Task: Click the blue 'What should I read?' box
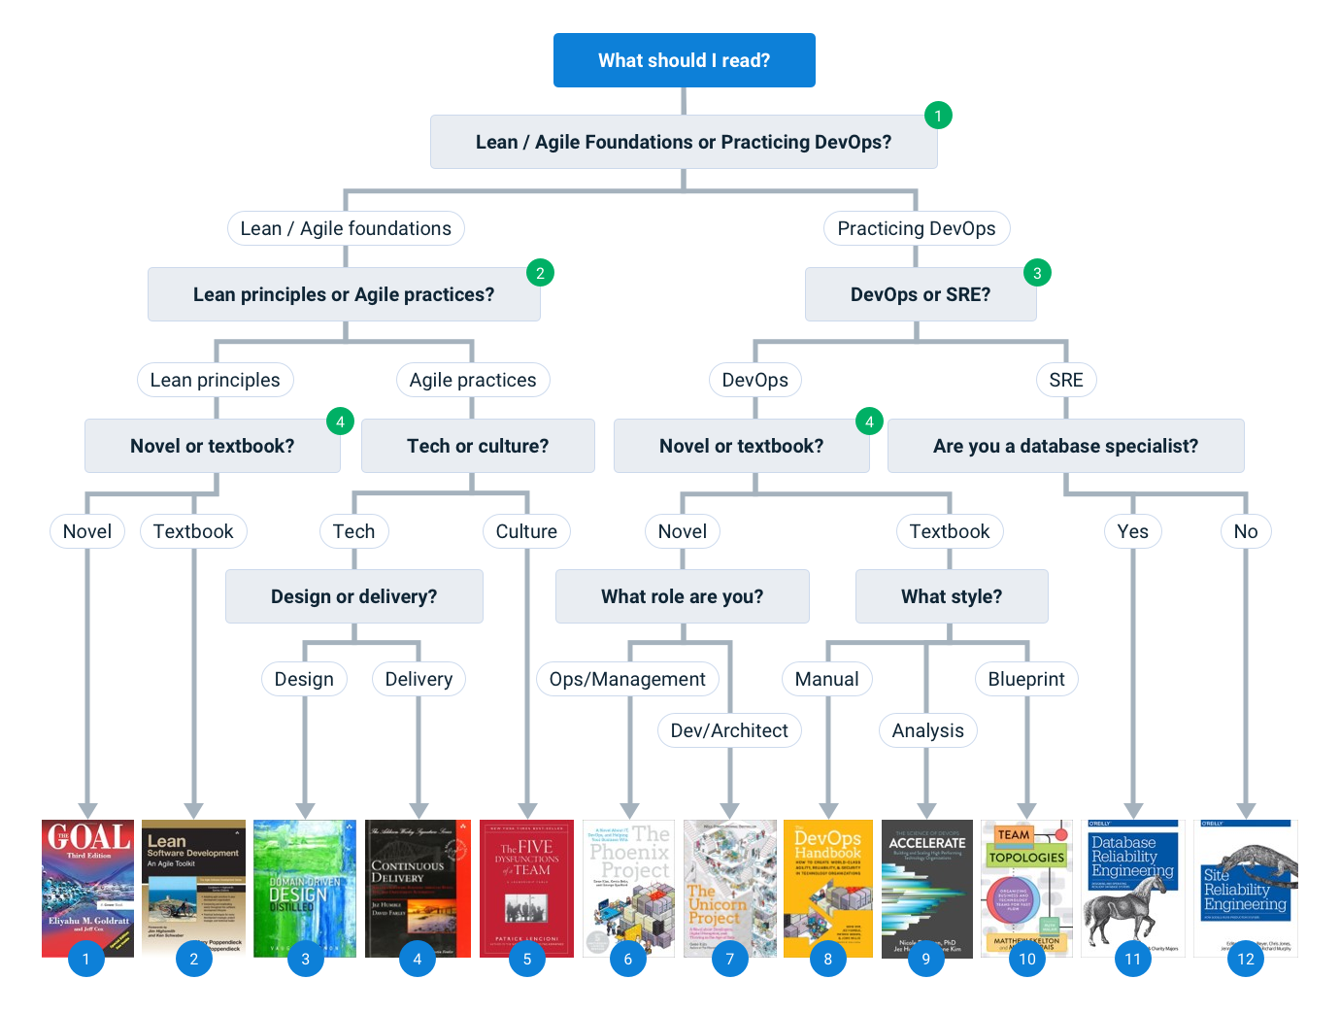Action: (684, 60)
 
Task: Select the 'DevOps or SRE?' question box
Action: (920, 294)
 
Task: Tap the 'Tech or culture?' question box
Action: (477, 446)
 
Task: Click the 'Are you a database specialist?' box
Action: (1065, 446)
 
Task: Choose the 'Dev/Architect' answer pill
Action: (729, 730)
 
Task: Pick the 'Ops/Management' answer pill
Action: (627, 679)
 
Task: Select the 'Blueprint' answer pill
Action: (1025, 679)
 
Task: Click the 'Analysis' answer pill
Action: (927, 730)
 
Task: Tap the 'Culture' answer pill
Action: (526, 531)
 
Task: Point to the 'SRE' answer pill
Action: (1065, 380)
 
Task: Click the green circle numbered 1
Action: (938, 116)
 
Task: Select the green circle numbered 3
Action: (1037, 273)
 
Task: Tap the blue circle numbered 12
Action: (1246, 959)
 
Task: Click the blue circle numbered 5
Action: (527, 959)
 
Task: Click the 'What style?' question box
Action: (951, 596)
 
